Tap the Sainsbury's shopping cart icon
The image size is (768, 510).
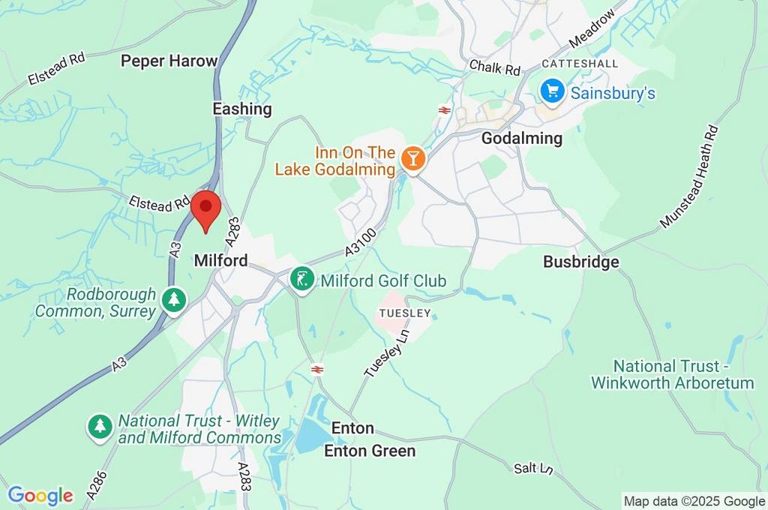point(553,92)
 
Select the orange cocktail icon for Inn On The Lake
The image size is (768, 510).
point(412,158)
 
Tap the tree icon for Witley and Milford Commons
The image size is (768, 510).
point(100,427)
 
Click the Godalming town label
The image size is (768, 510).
point(521,138)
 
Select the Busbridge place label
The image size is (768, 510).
point(581,262)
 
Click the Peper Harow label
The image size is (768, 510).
point(169,61)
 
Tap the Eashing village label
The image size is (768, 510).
point(241,109)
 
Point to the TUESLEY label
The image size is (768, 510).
point(405,312)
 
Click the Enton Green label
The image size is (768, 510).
point(369,451)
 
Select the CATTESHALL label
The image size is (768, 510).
point(580,64)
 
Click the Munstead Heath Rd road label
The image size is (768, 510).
point(689,177)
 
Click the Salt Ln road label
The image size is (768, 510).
point(533,468)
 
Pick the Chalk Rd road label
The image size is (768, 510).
point(494,68)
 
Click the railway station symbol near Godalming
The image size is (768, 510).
point(444,109)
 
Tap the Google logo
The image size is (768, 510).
point(40,496)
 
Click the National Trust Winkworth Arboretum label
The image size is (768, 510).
point(672,374)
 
